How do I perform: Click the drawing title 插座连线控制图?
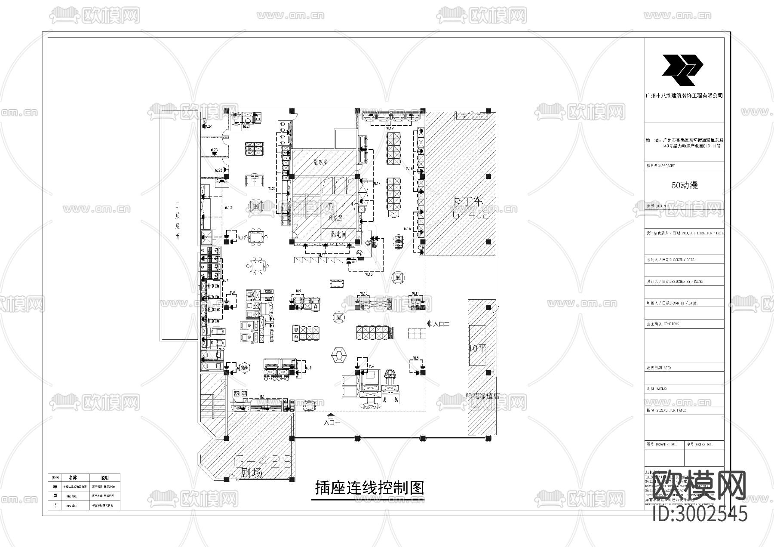369,488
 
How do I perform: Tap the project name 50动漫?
685,185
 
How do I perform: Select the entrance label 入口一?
332,422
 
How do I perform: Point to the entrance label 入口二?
439,324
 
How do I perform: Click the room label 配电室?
321,163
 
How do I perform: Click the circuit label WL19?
390,128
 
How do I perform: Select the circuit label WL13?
227,208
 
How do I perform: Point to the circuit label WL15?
369,274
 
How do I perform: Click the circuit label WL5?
415,358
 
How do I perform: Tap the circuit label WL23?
214,150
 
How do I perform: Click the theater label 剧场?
251,473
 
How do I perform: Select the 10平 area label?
476,348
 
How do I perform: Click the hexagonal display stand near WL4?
339,356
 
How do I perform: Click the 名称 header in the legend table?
72,478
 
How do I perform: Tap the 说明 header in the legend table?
104,478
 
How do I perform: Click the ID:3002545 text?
700,514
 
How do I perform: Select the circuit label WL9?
298,290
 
